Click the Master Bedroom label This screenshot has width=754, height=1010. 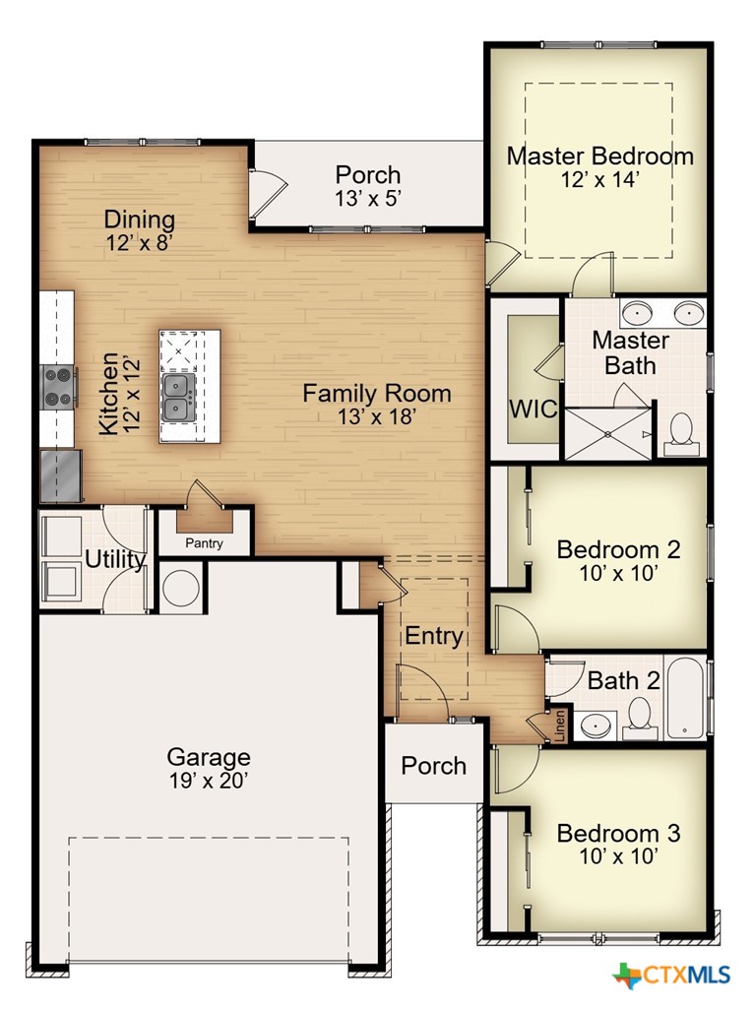600,156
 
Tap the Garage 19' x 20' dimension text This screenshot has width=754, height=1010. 209,782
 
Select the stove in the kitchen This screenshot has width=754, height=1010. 59,387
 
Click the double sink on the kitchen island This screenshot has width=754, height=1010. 178,398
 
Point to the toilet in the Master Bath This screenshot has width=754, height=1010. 680,434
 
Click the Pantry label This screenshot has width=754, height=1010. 204,543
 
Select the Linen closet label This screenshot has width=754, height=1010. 560,726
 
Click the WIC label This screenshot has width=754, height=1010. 533,409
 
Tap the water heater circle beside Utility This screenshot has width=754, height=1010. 181,587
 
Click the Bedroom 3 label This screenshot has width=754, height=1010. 618,833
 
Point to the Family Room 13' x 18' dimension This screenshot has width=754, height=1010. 376,416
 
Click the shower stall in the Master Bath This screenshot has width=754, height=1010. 608,434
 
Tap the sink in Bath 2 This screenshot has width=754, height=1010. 596,726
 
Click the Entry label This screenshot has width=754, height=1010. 434,636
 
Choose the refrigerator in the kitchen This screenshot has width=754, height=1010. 61,475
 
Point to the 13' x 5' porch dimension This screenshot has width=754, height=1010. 368,199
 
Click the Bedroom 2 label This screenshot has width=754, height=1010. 618,549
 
